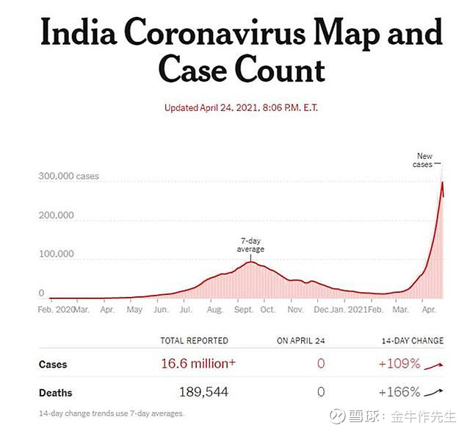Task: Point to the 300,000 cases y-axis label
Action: point(68,177)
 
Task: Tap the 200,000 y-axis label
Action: point(56,215)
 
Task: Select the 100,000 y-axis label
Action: point(56,254)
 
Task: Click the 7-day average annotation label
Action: point(250,246)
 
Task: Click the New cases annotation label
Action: point(424,160)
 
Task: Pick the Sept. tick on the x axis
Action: point(244,310)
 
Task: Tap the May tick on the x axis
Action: point(134,310)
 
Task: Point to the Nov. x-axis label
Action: point(295,310)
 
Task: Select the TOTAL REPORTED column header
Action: point(194,341)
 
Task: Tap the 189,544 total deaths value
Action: point(203,392)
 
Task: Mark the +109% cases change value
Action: point(399,363)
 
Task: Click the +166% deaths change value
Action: point(399,392)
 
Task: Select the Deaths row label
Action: point(56,393)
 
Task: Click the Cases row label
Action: point(52,364)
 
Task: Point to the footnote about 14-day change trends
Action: point(112,413)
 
